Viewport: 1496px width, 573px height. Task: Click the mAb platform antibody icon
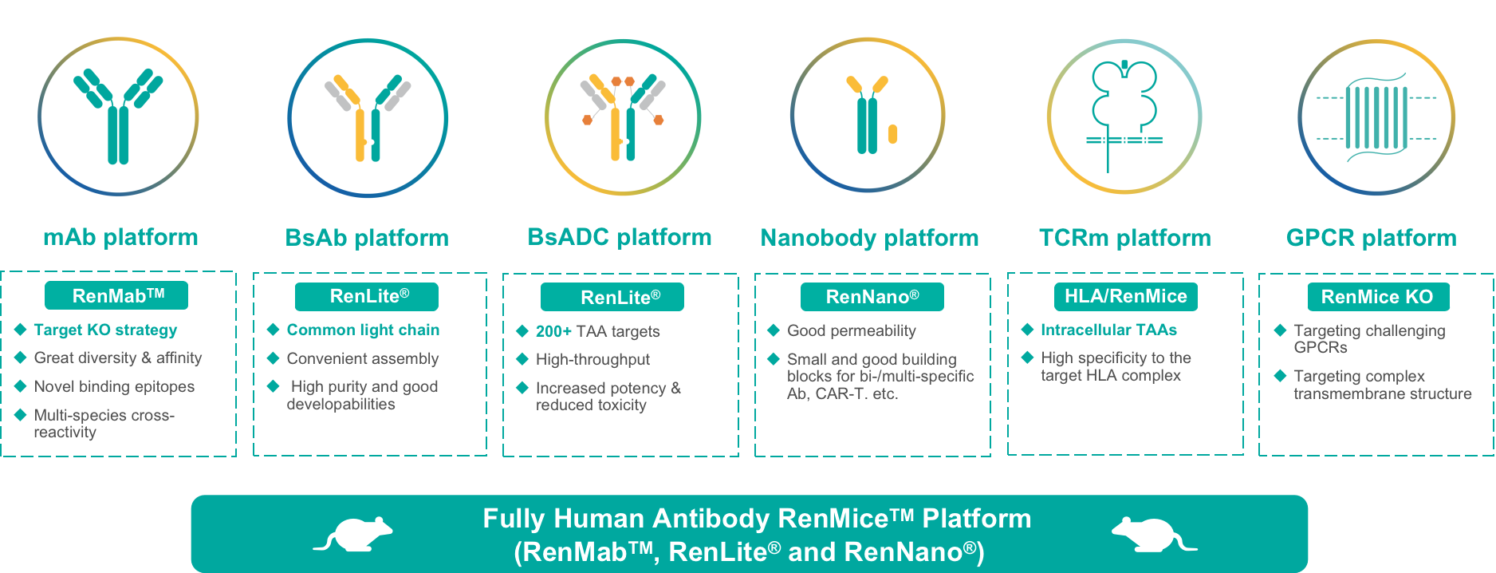coord(118,117)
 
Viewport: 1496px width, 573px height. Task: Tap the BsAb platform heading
coord(367,238)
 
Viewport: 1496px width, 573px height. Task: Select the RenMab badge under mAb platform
coord(116,295)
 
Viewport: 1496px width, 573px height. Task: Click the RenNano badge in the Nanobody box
coord(872,297)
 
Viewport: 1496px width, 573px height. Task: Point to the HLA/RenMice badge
coord(1126,296)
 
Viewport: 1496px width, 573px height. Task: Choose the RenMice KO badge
coord(1378,297)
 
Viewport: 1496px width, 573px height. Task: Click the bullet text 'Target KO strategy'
coord(105,330)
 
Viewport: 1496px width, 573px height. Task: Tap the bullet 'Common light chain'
coord(363,330)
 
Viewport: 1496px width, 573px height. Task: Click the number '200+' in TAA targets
coord(553,331)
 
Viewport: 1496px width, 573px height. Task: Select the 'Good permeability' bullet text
coord(851,330)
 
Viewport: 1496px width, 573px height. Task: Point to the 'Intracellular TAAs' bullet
coord(1108,330)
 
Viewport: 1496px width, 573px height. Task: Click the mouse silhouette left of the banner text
coord(352,535)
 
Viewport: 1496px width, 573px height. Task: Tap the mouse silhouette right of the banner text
coord(1154,535)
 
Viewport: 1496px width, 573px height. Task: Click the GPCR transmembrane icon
coord(1376,117)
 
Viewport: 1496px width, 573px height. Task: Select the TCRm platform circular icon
coord(1124,117)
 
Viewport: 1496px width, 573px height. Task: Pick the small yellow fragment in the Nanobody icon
coord(892,134)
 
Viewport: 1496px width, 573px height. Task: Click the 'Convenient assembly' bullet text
coord(363,358)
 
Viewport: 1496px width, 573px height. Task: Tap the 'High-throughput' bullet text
coord(592,359)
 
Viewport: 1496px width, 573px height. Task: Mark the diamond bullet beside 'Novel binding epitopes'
coord(21,386)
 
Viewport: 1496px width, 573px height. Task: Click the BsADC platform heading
coord(620,237)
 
